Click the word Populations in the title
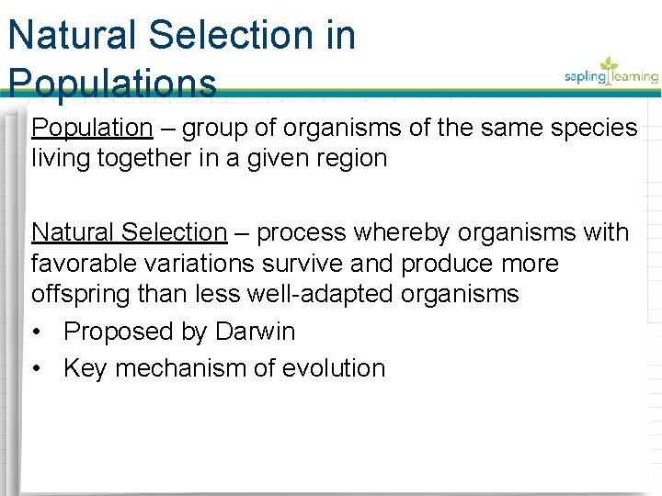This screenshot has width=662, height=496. [112, 84]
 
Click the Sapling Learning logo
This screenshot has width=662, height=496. [611, 72]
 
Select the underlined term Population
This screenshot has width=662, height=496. [91, 128]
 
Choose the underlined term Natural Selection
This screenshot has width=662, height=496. [129, 233]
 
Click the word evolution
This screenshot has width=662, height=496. [339, 368]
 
